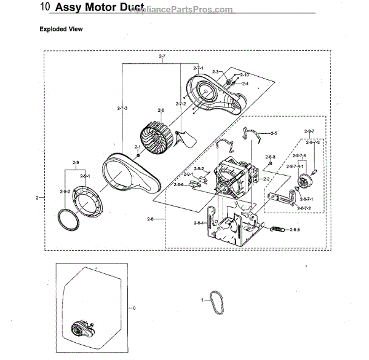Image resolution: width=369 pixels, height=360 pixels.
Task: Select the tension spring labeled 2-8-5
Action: pos(278,230)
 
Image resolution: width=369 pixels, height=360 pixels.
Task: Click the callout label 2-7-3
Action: pos(122,108)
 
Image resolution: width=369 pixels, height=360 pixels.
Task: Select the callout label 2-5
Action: pos(273,133)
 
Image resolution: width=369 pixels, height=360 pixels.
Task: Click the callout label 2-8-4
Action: pos(198,222)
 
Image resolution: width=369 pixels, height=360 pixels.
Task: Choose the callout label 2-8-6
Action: pos(178,184)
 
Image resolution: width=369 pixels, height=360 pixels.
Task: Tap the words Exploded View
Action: pos(61,29)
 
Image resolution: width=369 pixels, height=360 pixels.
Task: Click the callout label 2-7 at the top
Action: pos(162,57)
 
